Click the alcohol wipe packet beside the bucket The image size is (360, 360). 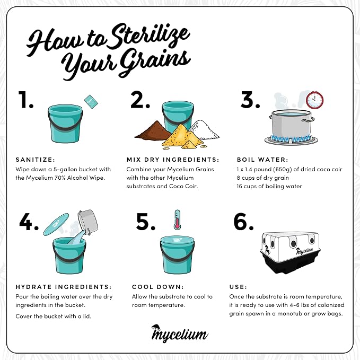coord(91,101)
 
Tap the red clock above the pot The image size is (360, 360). coord(314,100)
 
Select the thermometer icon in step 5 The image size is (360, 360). coord(177,219)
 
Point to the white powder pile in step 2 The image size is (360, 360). coord(204,130)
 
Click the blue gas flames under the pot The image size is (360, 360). coord(291,138)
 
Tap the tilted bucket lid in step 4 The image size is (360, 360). coord(56,224)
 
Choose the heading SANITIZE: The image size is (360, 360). coord(36,160)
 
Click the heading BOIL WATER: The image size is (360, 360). coord(262,160)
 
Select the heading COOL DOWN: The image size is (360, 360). coord(158,287)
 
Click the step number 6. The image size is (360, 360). coord(243,222)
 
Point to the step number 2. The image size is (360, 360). coord(140,100)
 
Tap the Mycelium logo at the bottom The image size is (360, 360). coord(180,333)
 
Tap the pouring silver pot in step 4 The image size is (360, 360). coord(87,222)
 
